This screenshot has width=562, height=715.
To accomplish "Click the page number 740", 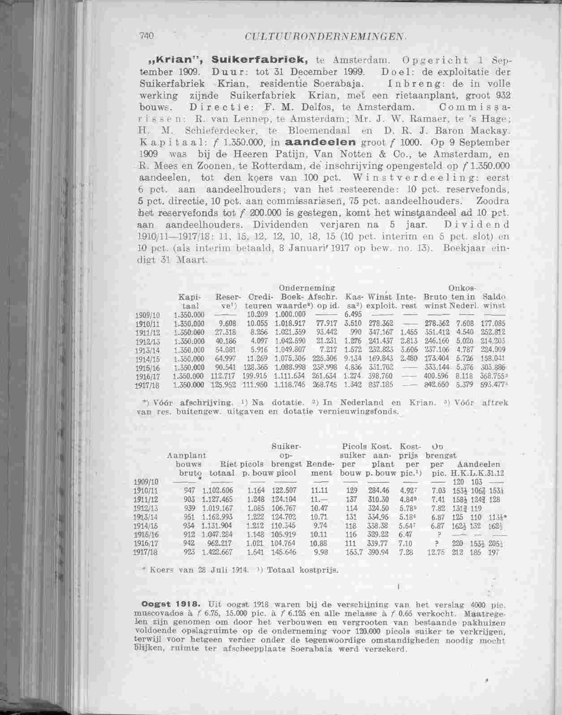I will click(146, 35).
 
